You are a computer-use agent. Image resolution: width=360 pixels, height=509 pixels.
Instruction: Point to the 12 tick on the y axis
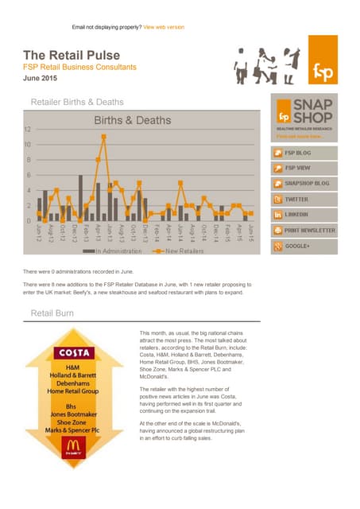tap(28, 130)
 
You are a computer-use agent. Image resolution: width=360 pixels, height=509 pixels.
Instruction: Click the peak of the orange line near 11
tap(103, 137)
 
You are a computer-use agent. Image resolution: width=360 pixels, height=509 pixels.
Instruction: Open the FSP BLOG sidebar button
tap(304, 152)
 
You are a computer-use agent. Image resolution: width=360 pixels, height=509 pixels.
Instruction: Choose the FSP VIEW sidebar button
tap(304, 168)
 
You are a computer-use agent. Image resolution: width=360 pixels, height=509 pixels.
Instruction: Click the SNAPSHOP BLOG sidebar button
tap(304, 184)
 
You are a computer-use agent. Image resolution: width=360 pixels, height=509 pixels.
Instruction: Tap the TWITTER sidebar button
tap(304, 199)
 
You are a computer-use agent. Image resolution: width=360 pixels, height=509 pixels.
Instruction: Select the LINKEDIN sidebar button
tap(304, 215)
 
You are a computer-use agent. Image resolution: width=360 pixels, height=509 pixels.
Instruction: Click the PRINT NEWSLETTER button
tap(304, 231)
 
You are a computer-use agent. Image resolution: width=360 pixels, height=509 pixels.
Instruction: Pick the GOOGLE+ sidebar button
tap(304, 246)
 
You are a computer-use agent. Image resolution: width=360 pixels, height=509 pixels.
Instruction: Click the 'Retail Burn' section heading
tap(52, 313)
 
